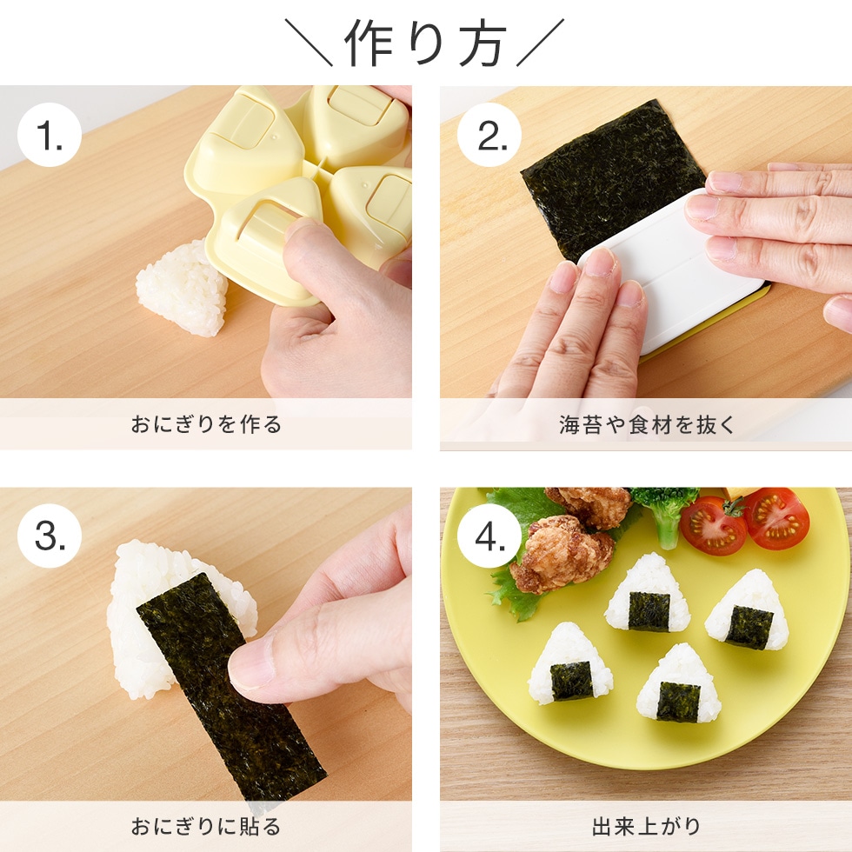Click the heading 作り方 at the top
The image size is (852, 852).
click(425, 43)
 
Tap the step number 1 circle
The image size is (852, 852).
click(50, 136)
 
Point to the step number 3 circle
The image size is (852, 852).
click(50, 536)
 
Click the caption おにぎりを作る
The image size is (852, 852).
click(206, 424)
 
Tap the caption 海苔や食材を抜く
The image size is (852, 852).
click(646, 424)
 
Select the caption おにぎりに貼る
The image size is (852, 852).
click(206, 826)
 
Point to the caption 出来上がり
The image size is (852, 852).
click(646, 826)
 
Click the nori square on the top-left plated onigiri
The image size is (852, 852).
click(649, 610)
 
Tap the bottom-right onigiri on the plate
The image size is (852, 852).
click(678, 685)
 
